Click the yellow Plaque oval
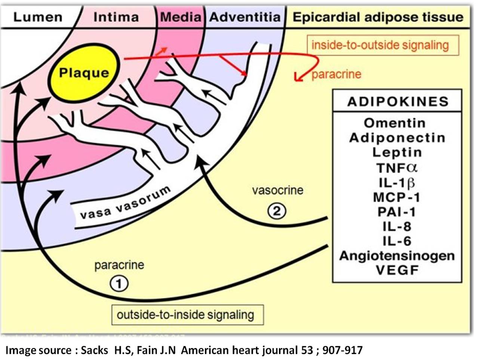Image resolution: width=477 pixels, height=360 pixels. (84, 73)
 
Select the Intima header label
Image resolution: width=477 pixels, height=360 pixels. (116, 17)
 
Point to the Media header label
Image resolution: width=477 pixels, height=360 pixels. (181, 17)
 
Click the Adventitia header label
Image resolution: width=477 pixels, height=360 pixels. (244, 17)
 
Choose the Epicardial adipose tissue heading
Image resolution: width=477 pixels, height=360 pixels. (378, 17)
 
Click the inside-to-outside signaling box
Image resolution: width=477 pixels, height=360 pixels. (380, 45)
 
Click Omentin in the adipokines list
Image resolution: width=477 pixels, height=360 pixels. (394, 123)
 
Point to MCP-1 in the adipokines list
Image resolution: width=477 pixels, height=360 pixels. (396, 197)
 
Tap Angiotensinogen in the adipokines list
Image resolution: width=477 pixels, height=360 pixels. (397, 256)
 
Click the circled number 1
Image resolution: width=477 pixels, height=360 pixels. (119, 284)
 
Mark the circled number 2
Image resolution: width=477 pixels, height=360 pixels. (277, 212)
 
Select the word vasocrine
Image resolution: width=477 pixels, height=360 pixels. (277, 190)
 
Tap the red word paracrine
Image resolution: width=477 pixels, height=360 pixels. (336, 74)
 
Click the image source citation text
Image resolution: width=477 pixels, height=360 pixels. (183, 350)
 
